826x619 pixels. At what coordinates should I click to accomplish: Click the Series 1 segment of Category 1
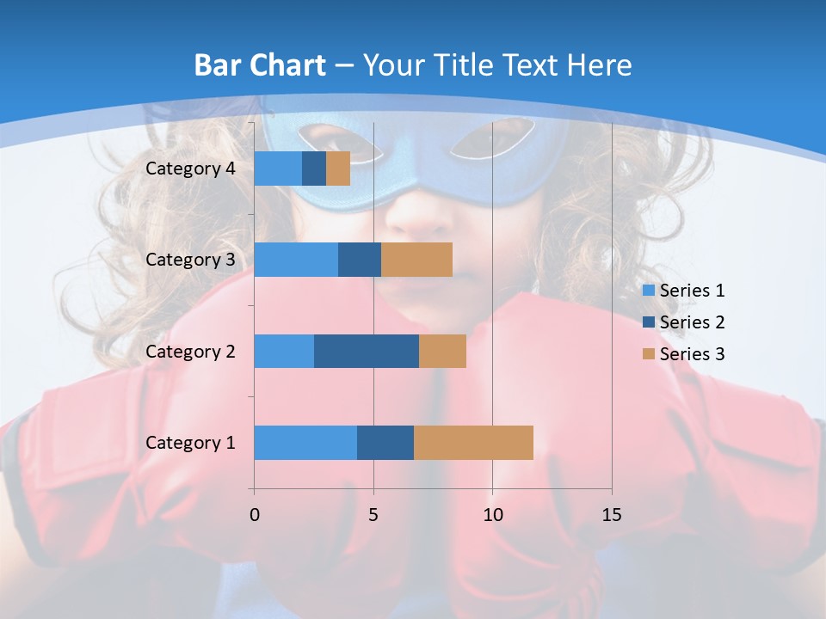coord(305,443)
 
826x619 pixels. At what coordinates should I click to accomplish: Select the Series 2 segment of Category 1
coord(385,443)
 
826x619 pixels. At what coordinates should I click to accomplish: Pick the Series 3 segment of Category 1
coord(473,443)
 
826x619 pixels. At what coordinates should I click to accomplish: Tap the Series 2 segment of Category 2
coord(367,351)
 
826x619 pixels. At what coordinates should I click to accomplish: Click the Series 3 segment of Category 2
coord(442,351)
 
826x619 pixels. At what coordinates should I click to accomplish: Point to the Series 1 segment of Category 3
coord(296,260)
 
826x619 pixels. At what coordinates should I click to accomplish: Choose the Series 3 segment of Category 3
coord(416,260)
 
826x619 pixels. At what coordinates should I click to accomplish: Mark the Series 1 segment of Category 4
coord(278,169)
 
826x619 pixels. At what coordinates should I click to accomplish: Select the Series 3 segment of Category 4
coord(338,169)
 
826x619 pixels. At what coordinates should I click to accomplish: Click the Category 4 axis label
coord(190,169)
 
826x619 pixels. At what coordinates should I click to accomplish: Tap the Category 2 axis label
coord(190,351)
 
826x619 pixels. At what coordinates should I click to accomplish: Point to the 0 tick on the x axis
coord(254,515)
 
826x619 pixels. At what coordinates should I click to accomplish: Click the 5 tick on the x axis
coord(373,515)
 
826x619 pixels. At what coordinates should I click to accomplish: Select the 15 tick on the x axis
coord(611,515)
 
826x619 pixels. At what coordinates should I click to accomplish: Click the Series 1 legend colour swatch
coord(648,291)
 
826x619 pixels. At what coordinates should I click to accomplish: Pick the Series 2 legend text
coord(692,322)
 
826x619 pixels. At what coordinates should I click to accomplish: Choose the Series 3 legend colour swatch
coord(648,354)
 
